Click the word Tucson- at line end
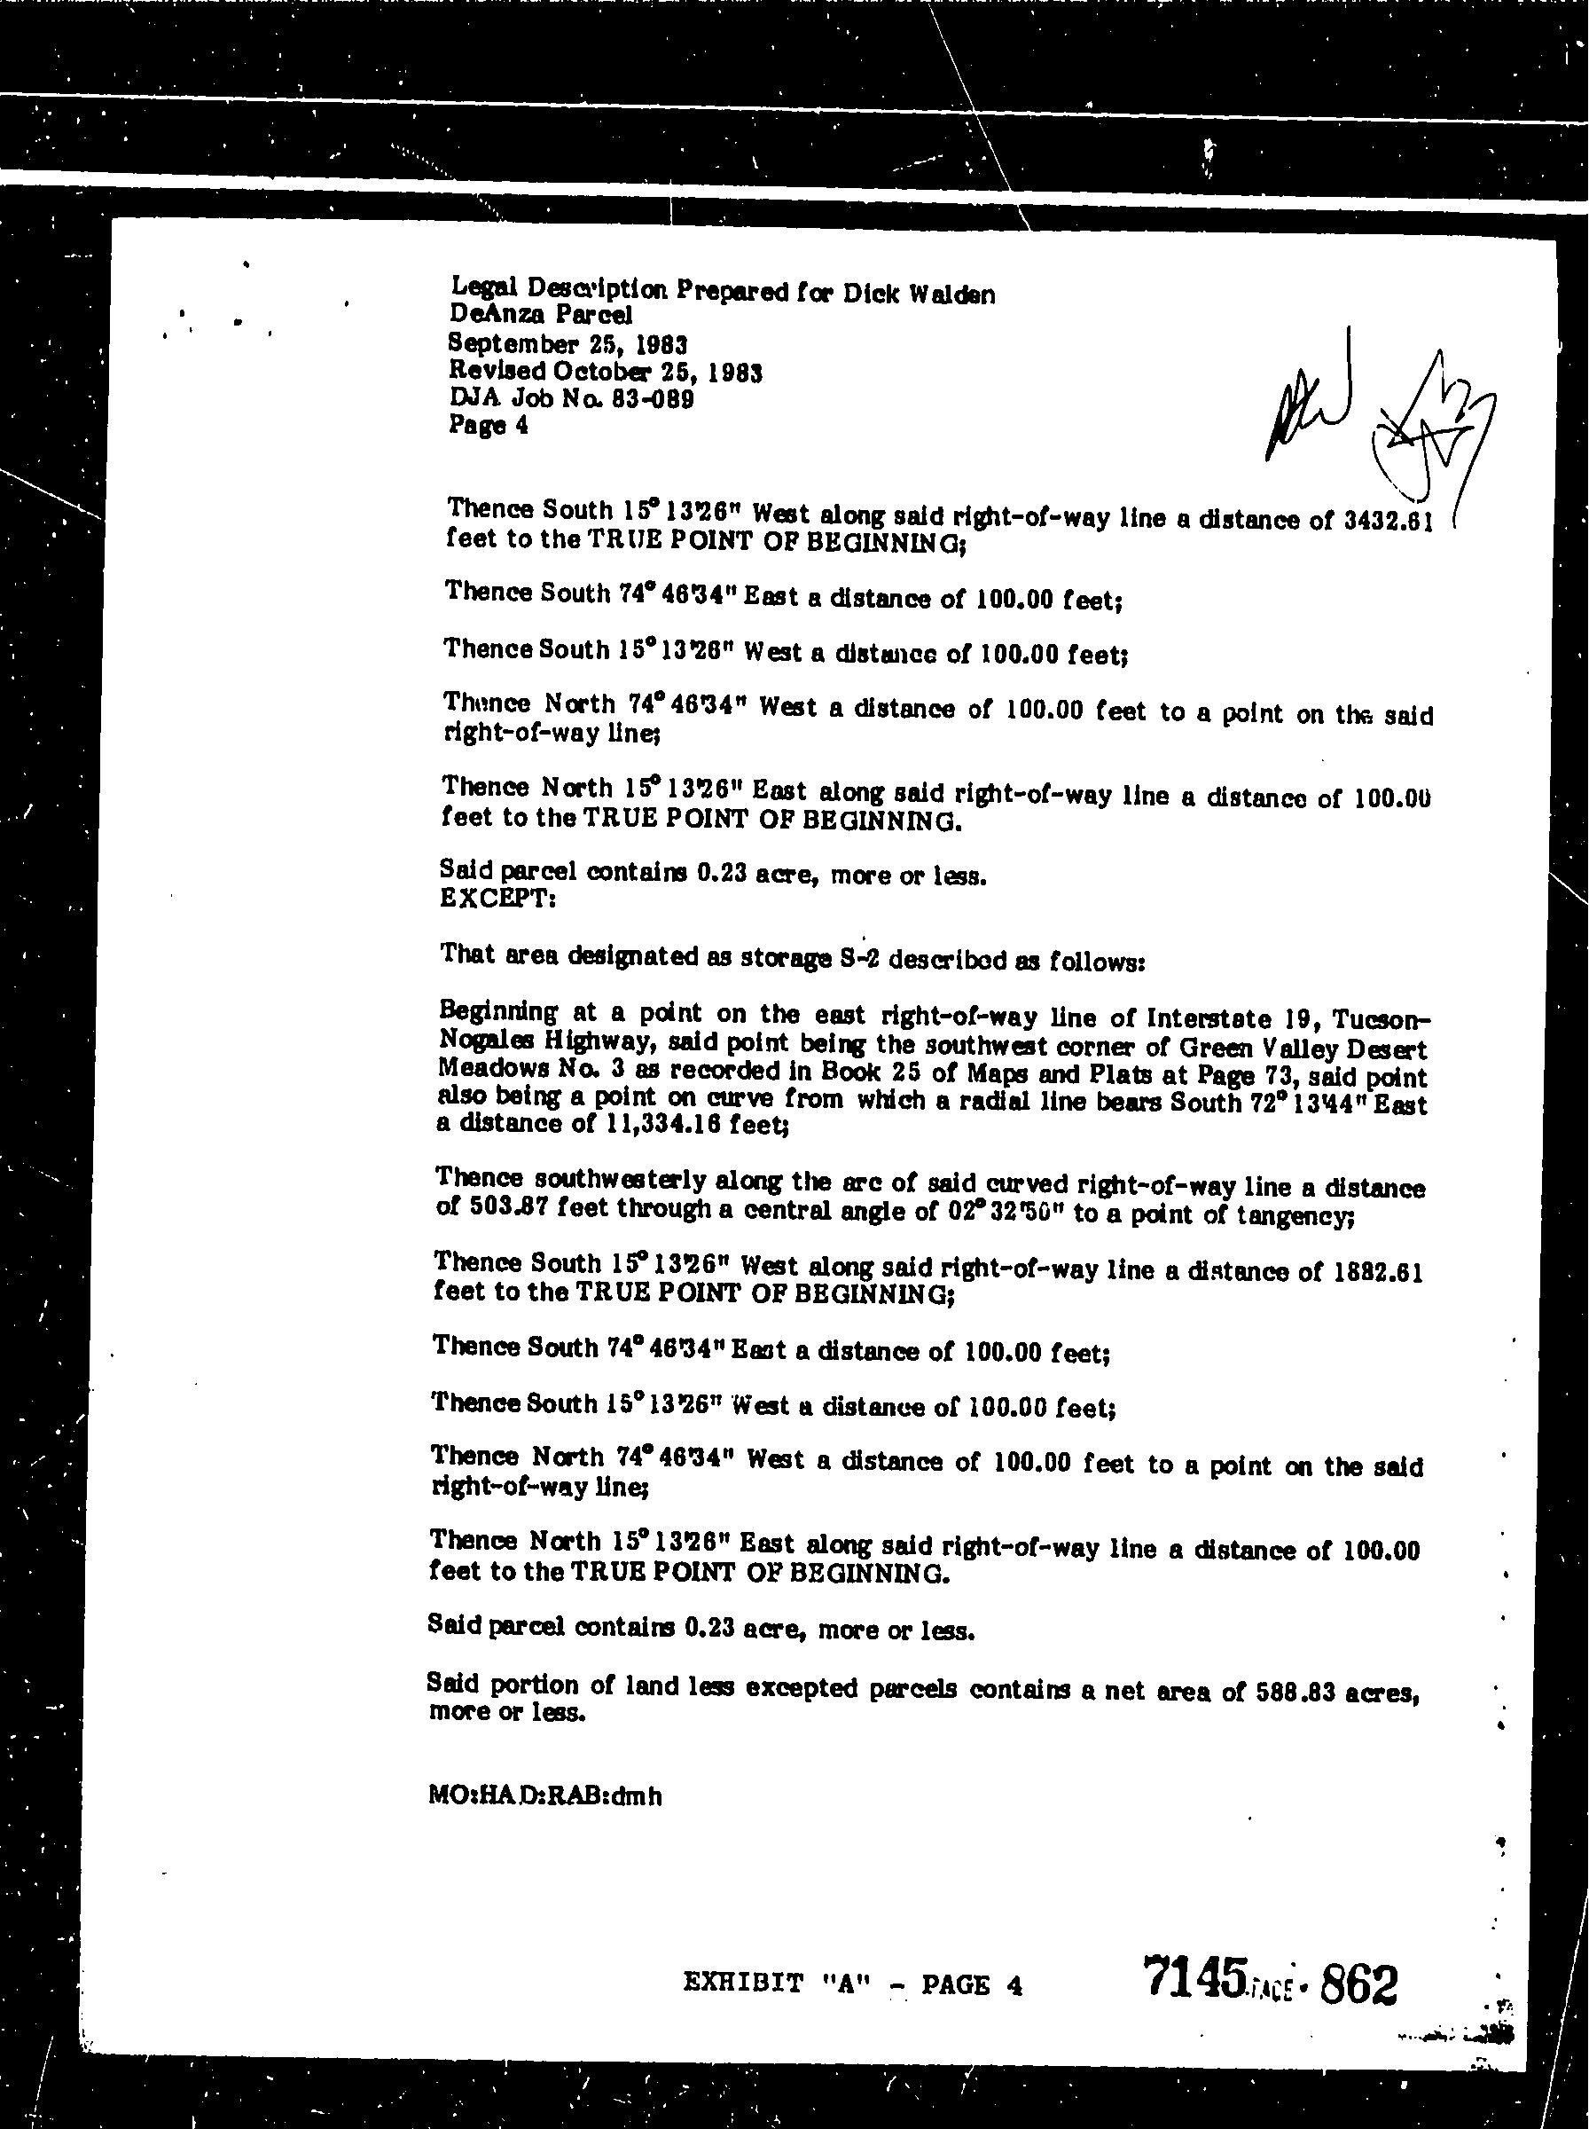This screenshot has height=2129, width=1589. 1383,1020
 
